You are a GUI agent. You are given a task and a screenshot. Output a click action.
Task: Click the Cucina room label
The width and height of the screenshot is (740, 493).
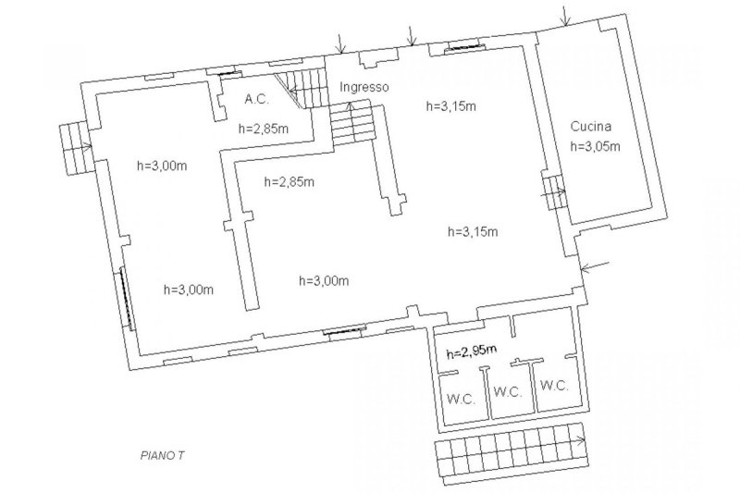coord(591,127)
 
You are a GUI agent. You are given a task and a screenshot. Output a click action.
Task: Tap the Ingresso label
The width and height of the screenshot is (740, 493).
coord(364,87)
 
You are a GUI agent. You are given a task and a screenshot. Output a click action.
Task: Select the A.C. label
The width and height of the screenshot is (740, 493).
coord(256,98)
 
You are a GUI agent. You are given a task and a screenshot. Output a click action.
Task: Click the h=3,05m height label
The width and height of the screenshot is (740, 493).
coord(594,145)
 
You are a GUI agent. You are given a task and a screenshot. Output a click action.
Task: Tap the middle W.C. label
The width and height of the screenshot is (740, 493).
coord(508,390)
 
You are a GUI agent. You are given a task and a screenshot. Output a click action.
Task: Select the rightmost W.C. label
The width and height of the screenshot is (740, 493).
coord(555,385)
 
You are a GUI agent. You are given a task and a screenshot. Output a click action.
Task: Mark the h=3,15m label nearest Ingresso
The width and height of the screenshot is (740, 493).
coord(451,105)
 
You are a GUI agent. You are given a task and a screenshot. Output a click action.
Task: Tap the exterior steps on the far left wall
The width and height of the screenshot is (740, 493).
coord(73,149)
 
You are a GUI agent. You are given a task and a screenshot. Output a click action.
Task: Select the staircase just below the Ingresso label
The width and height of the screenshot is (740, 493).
coord(351,122)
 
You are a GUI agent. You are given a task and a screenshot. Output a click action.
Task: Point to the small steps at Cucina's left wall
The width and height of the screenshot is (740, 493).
coord(553,194)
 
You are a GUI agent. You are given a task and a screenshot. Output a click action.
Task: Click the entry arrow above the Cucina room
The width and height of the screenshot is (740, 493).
coord(564,16)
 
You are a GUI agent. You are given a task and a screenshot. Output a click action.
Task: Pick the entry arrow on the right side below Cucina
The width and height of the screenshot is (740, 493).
coord(596,267)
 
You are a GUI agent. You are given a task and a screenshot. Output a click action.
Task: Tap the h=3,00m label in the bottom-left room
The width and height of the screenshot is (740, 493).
coord(189,289)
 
